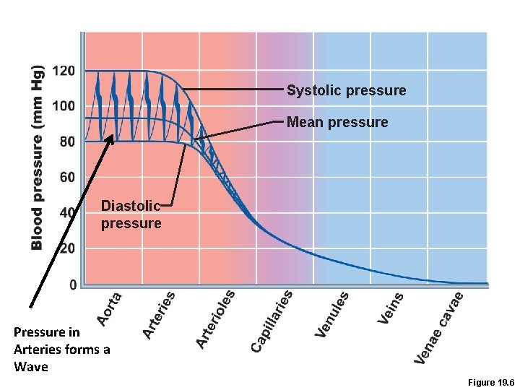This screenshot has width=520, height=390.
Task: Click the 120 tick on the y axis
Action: [64, 71]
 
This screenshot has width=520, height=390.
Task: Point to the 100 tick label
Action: [64, 106]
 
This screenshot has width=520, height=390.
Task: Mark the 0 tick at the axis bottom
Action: [73, 285]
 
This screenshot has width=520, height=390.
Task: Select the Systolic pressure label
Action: [346, 90]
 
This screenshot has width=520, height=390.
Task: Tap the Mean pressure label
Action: [337, 122]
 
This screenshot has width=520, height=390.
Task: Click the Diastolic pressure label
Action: [131, 214]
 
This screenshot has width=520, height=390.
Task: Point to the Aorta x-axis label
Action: [110, 307]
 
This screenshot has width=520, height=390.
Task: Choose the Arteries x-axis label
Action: [159, 315]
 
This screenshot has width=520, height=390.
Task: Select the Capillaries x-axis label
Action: [272, 321]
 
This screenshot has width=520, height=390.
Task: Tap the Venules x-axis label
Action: [332, 313]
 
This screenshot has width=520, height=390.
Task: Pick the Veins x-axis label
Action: [391, 306]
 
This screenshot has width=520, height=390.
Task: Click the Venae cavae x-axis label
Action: [438, 326]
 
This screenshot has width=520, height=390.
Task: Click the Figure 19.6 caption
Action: [490, 381]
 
